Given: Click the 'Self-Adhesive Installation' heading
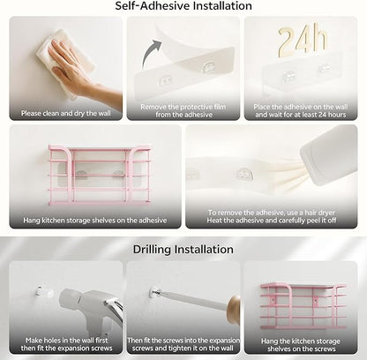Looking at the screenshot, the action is click(183, 6).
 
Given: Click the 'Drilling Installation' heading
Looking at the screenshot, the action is click(183, 250).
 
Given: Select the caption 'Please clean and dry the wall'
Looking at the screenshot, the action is click(66, 113).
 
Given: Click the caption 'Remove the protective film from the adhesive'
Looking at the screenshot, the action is click(183, 110).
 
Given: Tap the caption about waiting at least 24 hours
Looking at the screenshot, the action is click(301, 110).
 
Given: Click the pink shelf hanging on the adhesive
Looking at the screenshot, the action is click(100, 175).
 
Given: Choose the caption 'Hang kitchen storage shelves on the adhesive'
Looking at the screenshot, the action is click(95, 220).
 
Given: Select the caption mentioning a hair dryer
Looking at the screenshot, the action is click(272, 216).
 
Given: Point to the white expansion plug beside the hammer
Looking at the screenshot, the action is click(44, 291).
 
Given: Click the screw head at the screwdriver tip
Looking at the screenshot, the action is click(155, 292).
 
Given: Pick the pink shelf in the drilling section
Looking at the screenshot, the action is click(303, 306).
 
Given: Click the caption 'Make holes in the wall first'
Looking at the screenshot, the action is click(66, 341).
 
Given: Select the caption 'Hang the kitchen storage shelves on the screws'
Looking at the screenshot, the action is click(301, 345).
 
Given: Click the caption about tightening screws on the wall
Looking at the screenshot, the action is click(183, 344).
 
